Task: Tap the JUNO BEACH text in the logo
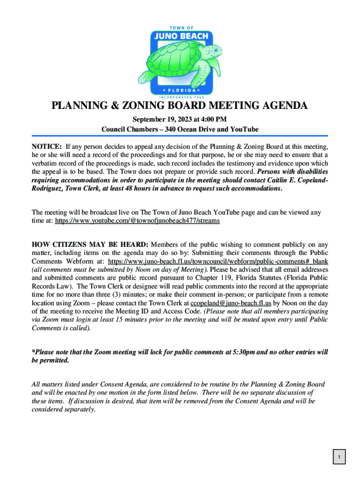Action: [180, 37]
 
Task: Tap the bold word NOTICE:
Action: [47, 146]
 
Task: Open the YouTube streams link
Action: [137, 220]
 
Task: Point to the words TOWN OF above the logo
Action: [180, 28]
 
